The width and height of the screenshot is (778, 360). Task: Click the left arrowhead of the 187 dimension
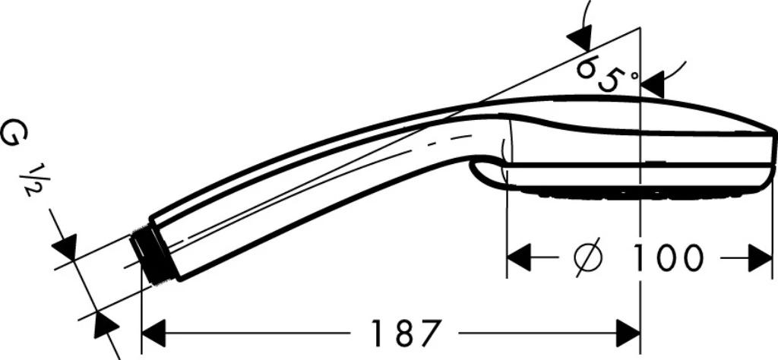153,333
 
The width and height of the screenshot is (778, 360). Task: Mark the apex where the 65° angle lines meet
640,28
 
